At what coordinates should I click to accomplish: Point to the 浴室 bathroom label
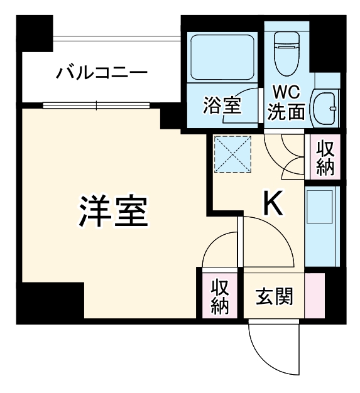pos(222,105)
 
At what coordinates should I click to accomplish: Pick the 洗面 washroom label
pos(286,111)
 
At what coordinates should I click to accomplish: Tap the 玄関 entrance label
pos(275,295)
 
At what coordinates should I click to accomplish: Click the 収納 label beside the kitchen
pos(325,158)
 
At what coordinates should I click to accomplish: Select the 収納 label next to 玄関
pos(219,296)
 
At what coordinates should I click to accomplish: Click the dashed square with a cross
pos(232,154)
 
